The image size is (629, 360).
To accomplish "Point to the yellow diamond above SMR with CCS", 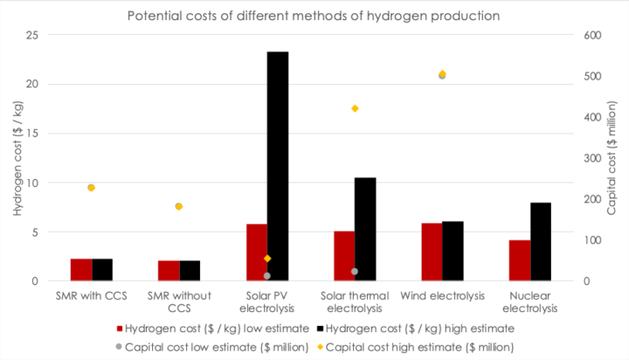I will click(91, 188).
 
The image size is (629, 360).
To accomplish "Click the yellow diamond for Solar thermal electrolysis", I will click(355, 108).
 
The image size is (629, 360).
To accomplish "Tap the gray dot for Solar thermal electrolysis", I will click(355, 272).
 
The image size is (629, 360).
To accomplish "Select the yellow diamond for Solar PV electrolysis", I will click(267, 259).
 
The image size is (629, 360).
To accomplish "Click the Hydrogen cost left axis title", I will click(16, 157).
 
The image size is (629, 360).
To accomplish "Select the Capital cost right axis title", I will click(612, 157).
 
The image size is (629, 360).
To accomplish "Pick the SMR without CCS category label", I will click(179, 301).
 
